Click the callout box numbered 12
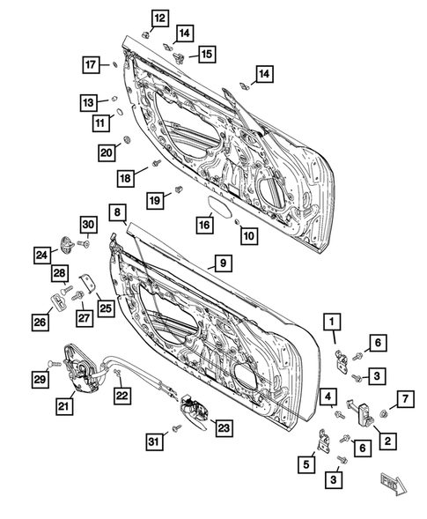pos(159,19)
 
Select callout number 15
pos(205,55)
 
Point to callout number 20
pos(106,152)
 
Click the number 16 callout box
pos(204,226)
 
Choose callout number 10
pos(249,235)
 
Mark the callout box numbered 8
pos(117,211)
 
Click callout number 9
pos(222,263)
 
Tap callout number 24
pos(42,256)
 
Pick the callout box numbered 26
pos(40,323)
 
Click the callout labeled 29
pos(40,379)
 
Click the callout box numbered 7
pos(405,400)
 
